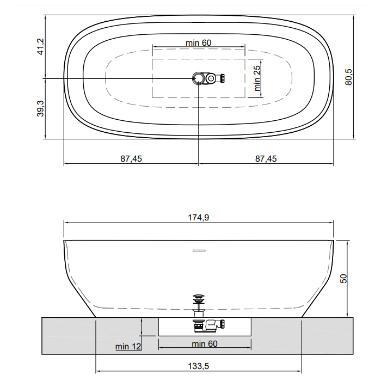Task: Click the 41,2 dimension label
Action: click(x=41, y=47)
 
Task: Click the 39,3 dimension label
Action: click(x=40, y=109)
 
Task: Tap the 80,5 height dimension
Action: click(x=348, y=77)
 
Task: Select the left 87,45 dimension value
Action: click(x=131, y=159)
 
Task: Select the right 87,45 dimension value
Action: click(x=266, y=159)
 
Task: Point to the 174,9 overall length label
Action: click(x=198, y=218)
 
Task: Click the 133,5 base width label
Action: click(x=198, y=366)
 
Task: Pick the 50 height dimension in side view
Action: click(x=343, y=279)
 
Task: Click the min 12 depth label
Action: click(x=128, y=347)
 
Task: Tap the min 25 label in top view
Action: click(x=257, y=78)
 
